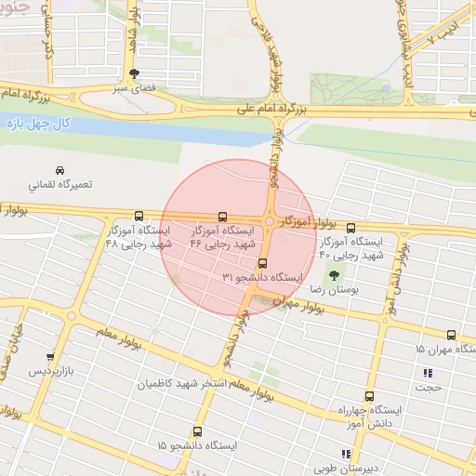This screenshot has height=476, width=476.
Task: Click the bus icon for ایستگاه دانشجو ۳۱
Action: coord(263,263)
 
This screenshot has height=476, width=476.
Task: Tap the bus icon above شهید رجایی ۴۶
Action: coord(221,215)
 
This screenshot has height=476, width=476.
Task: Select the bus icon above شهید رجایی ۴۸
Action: coord(139,215)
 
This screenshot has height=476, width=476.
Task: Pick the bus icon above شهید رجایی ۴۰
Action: coord(350,228)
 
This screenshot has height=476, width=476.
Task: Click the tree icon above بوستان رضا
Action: coord(333,275)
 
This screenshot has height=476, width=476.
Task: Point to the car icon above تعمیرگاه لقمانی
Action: coord(60,171)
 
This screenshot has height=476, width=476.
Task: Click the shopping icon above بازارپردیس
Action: coord(50,356)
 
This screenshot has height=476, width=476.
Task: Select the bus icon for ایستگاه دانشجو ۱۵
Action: coord(197,431)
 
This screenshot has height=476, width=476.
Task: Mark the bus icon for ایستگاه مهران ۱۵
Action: coord(452,335)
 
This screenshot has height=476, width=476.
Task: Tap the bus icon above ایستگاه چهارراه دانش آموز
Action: coord(370,395)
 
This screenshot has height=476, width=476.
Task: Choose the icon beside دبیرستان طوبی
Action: coord(346,455)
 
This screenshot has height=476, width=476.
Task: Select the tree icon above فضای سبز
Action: coord(137,74)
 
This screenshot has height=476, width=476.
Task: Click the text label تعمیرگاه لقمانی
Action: coord(62,185)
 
